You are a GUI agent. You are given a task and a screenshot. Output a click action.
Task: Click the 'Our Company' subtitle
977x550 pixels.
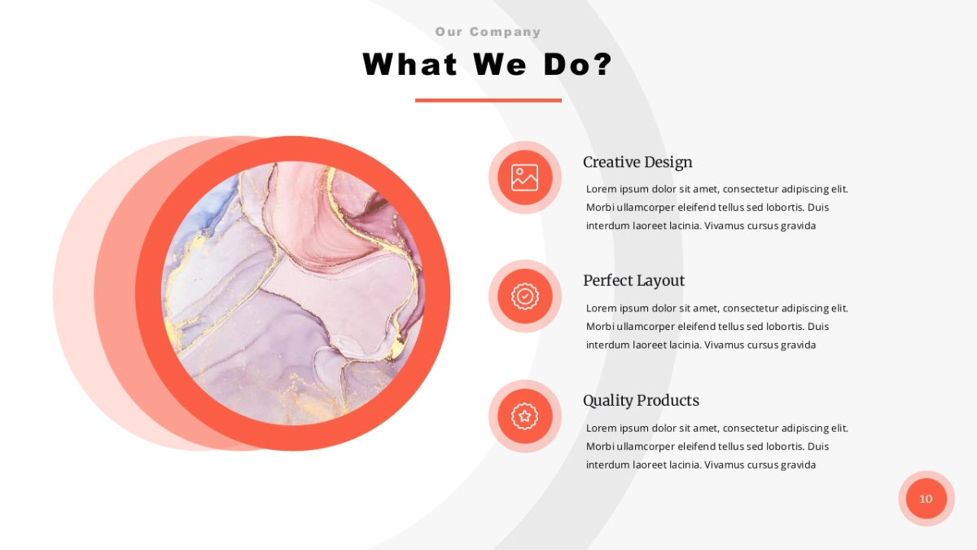488,32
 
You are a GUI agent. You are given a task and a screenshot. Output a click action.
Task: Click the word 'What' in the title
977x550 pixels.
410,64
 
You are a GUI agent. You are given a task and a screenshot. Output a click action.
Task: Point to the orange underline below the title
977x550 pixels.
488,100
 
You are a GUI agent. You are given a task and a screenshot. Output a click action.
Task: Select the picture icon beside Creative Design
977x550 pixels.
524,178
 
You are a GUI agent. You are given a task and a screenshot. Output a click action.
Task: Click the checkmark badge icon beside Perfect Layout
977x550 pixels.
524,297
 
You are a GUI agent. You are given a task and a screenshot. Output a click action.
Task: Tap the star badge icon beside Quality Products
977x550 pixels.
524,416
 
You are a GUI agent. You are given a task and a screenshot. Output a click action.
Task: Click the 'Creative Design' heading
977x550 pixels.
637,162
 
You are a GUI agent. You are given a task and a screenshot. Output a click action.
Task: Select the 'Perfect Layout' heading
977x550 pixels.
633,280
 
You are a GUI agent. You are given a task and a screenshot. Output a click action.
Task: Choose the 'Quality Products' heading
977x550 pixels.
642,400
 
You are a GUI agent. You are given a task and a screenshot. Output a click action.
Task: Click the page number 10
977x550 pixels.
926,499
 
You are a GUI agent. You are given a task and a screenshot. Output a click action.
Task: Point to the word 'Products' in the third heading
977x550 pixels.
668,400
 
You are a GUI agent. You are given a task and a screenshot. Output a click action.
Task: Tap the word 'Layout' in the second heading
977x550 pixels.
659,280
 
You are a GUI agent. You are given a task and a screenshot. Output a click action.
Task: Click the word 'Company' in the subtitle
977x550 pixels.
505,32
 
